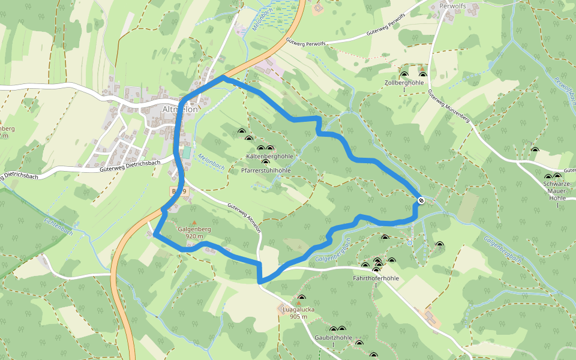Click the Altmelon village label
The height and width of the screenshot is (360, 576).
coord(180,110)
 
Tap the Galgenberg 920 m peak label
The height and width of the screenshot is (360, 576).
coord(194,233)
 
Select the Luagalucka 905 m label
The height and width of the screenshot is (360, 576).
coord(298,313)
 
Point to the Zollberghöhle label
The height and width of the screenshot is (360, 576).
coord(404,82)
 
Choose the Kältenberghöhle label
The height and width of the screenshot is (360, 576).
coord(269,156)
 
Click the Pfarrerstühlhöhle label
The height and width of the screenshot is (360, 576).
coord(266,170)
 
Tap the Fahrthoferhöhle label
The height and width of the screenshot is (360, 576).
coord(376,278)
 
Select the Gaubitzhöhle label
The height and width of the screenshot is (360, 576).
coord(333,338)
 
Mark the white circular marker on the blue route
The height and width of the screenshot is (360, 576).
coord(421,200)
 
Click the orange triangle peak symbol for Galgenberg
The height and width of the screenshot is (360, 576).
coord(194,223)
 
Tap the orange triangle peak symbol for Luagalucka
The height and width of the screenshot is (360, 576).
coord(298,303)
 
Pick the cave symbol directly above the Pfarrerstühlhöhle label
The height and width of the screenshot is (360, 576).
coord(266,163)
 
